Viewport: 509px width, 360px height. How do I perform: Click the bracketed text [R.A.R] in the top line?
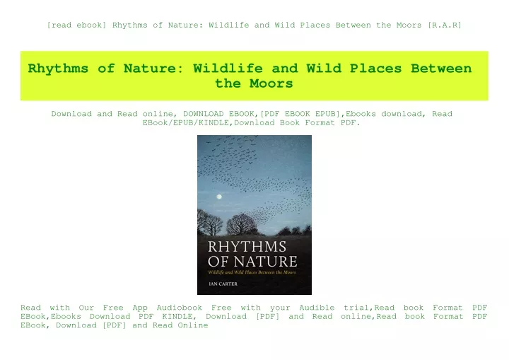tap(445, 25)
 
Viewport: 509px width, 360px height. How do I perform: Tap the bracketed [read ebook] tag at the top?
tap(76, 25)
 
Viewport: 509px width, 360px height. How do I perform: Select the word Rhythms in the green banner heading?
tap(58, 69)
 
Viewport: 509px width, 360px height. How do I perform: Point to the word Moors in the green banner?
tap(271, 83)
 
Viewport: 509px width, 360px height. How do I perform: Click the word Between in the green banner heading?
tap(441, 69)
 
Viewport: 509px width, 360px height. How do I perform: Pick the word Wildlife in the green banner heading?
tap(228, 69)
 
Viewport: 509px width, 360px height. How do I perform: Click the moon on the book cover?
tap(219, 197)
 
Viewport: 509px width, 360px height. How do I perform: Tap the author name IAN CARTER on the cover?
tap(223, 284)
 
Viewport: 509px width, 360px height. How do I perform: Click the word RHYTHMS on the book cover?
tap(247, 247)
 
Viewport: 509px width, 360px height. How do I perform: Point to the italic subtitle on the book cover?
tap(252, 272)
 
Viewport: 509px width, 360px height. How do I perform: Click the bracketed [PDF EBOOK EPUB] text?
tap(300, 114)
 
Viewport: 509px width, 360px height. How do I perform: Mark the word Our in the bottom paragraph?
tap(86, 308)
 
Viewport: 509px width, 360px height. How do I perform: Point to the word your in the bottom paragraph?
tap(281, 308)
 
